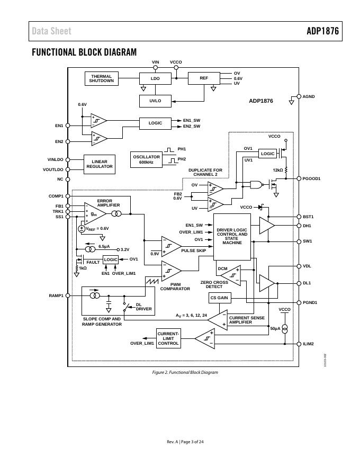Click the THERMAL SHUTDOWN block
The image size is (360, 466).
pyautogui.click(x=101, y=78)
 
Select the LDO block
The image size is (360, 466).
pyautogui.click(x=155, y=78)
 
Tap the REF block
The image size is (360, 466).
pyautogui.click(x=204, y=78)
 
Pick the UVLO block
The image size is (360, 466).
pyautogui.click(x=155, y=101)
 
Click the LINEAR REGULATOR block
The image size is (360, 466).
pyautogui.click(x=100, y=164)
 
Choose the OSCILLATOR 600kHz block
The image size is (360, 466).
pyautogui.click(x=146, y=159)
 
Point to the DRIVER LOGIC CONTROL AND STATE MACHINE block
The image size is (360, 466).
pyautogui.click(x=232, y=236)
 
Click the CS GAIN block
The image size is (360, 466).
pyautogui.click(x=219, y=298)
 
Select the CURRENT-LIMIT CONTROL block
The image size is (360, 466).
pyautogui.click(x=168, y=338)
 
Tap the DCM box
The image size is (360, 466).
pyautogui.click(x=223, y=269)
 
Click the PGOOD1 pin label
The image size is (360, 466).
pyautogui.click(x=312, y=178)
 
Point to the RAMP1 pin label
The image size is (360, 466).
pyautogui.click(x=56, y=295)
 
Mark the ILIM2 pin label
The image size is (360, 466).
pyautogui.click(x=308, y=344)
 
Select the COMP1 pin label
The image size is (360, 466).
pyautogui.click(x=56, y=196)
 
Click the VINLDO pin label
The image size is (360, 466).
pyautogui.click(x=55, y=159)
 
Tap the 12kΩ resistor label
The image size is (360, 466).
pyautogui.click(x=278, y=170)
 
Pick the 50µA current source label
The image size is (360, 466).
pyautogui.click(x=275, y=328)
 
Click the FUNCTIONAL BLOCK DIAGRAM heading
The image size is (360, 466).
pyautogui.click(x=84, y=52)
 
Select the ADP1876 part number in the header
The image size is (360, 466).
pyautogui.click(x=322, y=31)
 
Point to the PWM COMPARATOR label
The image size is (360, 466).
pyautogui.click(x=175, y=286)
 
